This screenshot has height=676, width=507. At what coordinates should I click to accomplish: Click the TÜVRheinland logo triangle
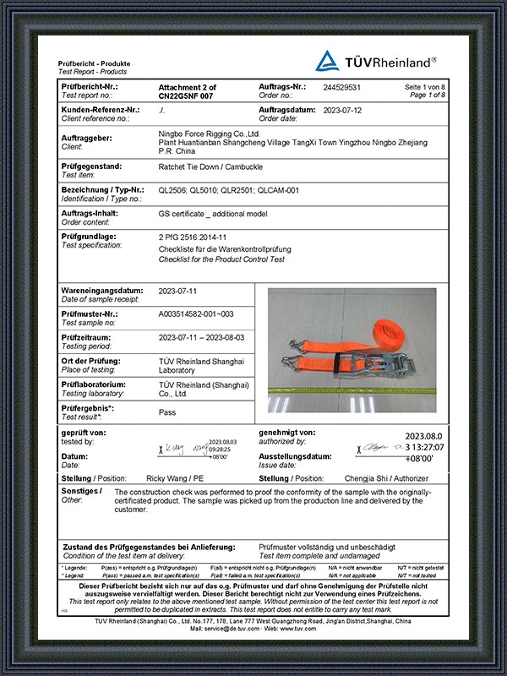[327, 61]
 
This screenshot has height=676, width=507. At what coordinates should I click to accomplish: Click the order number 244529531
[342, 88]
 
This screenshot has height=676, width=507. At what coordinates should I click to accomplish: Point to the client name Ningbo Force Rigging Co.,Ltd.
[210, 134]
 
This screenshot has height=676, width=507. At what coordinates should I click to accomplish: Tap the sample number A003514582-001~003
[196, 313]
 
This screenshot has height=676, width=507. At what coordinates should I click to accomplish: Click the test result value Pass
[167, 412]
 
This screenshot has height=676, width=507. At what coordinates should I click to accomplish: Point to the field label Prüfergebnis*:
[89, 409]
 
